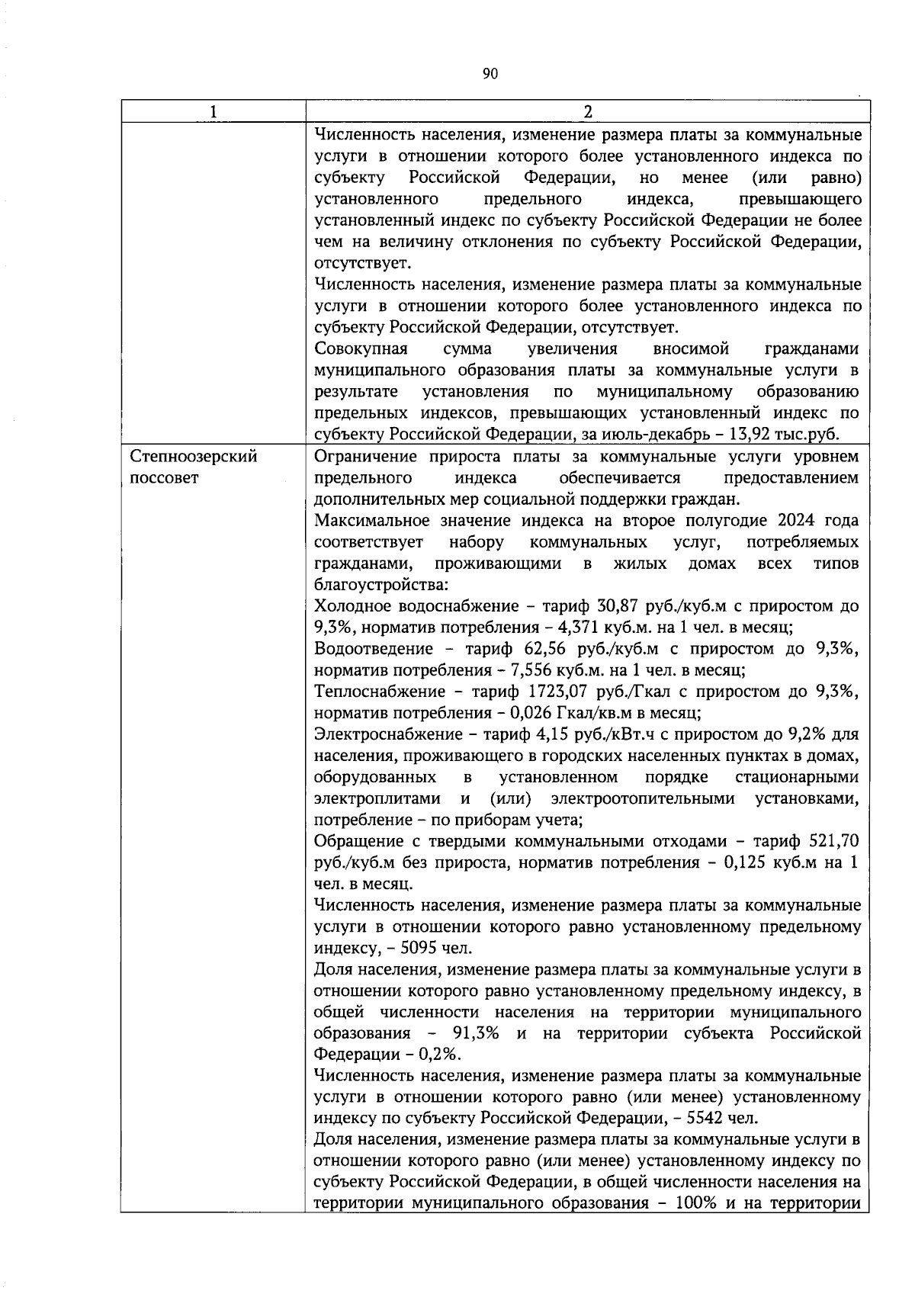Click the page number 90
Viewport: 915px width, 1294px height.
click(490, 73)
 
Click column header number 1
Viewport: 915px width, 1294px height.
click(213, 111)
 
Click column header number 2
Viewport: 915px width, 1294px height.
click(587, 111)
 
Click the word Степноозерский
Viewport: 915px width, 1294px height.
click(194, 457)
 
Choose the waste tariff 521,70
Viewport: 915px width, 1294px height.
click(833, 841)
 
